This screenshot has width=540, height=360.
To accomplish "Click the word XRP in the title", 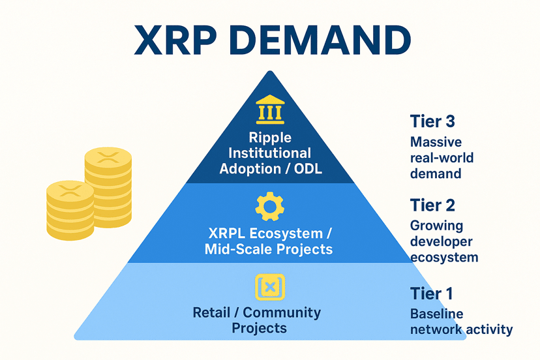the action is [175, 40].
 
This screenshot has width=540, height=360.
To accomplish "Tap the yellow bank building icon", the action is [270, 109].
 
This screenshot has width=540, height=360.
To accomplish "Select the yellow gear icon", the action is [269, 206].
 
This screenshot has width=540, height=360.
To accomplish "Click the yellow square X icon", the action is [270, 287].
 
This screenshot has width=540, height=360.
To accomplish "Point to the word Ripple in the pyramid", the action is [270, 138].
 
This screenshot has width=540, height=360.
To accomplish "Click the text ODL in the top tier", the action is [308, 168].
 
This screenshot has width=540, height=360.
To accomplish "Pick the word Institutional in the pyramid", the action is [269, 153].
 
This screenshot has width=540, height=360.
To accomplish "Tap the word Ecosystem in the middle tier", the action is [286, 233].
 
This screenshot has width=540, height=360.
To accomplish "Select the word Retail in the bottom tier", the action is [211, 312].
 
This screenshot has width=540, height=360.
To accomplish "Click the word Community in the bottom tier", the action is [282, 313].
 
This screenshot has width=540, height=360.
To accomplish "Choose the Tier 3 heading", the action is [432, 121].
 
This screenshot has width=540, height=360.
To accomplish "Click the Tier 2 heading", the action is [432, 205].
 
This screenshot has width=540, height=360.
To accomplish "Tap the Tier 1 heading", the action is [432, 293].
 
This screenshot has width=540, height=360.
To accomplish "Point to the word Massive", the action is [436, 142].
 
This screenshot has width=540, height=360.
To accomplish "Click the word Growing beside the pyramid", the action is [437, 226].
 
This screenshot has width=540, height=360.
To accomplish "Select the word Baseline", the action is [437, 314].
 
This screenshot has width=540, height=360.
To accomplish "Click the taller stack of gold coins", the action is [108, 187].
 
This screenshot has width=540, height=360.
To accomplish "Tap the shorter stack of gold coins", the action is [70, 210].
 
